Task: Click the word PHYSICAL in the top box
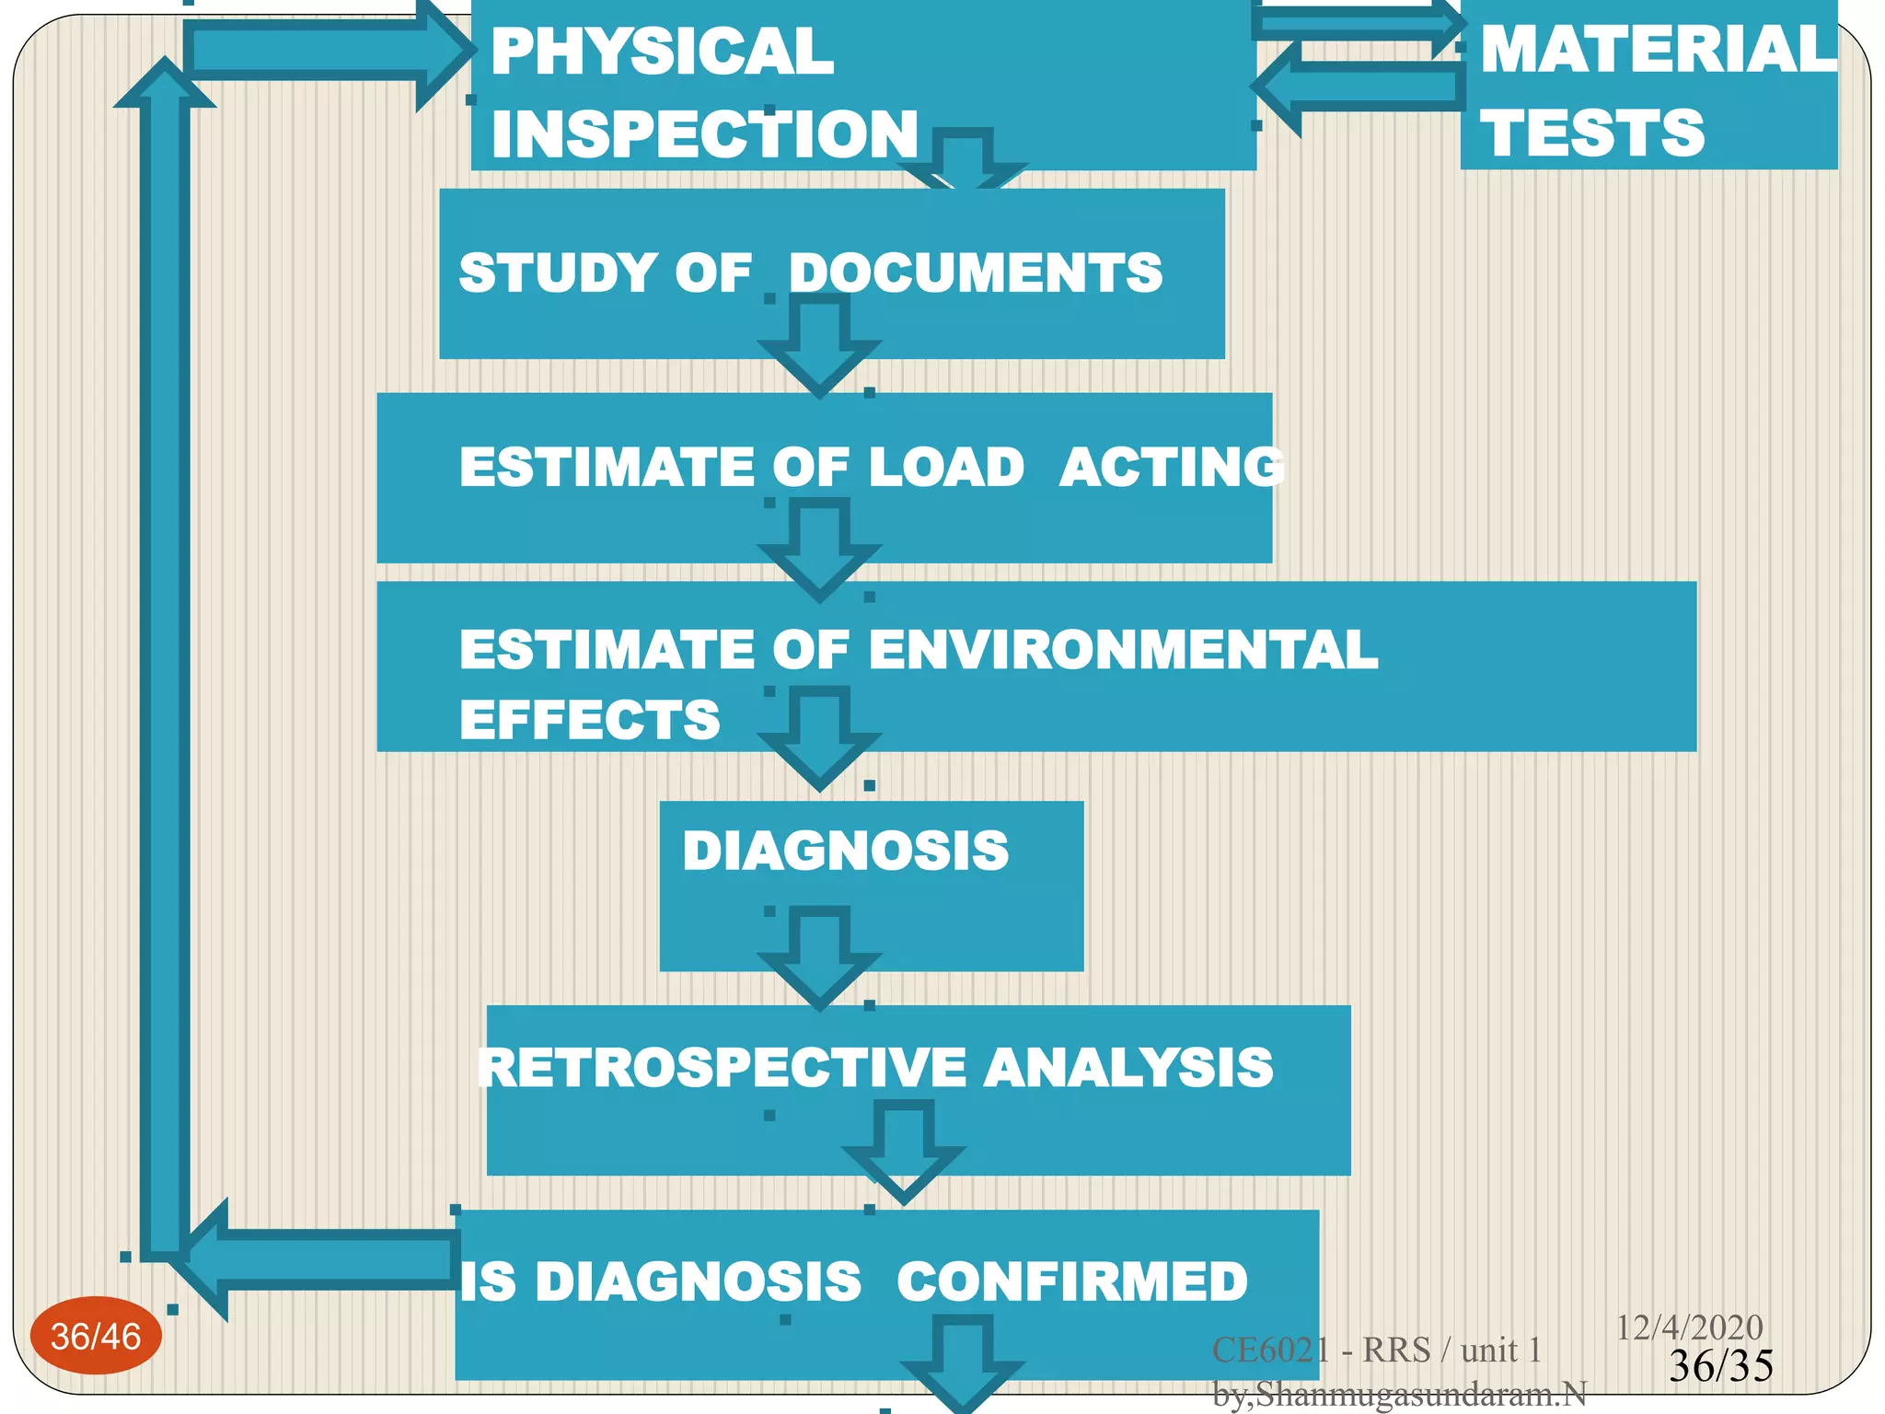coord(662,52)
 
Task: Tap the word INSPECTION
coord(704,134)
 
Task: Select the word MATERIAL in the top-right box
coord(1658,49)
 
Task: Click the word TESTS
coord(1592,133)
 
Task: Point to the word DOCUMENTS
coord(976,273)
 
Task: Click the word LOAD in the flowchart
coord(946,467)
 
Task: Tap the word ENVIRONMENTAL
coord(1123,650)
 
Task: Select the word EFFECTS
coord(589,720)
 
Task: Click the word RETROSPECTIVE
coord(723,1068)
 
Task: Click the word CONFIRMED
coord(1072,1281)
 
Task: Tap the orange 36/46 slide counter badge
coord(96,1337)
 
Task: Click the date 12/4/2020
coord(1689,1327)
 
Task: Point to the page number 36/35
coord(1720,1366)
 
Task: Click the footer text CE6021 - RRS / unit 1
coord(1376,1350)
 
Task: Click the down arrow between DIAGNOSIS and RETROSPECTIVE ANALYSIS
coord(819,957)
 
